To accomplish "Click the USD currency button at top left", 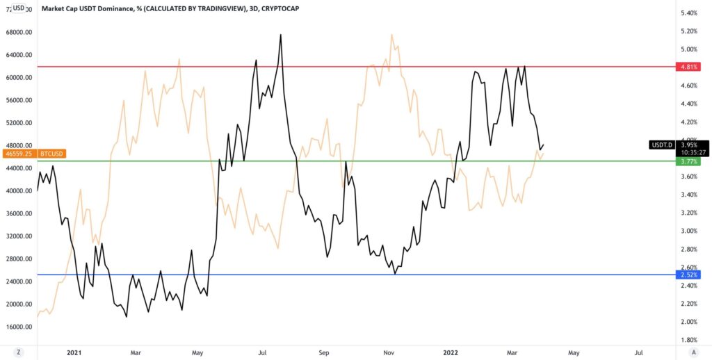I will tap(19, 8).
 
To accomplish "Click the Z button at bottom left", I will tap(19, 352).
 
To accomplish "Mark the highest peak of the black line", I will tap(281, 34).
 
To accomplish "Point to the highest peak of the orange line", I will tap(392, 34).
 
